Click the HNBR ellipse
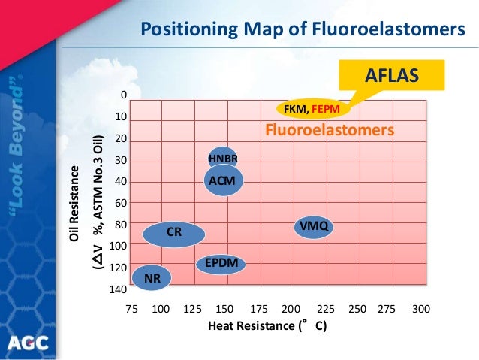pyautogui.click(x=223, y=158)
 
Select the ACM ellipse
pyautogui.click(x=224, y=180)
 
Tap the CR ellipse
pyautogui.click(x=174, y=234)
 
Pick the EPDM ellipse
pyautogui.click(x=222, y=263)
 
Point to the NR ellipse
pyautogui.click(x=152, y=278)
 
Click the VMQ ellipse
pyautogui.click(x=312, y=225)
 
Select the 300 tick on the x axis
pyautogui.click(x=421, y=308)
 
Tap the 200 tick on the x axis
pyautogui.click(x=291, y=308)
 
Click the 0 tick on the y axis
pyautogui.click(x=124, y=95)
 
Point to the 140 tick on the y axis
pyautogui.click(x=119, y=289)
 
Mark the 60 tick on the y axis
pyautogui.click(x=120, y=203)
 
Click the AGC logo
pyautogui.click(x=29, y=343)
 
